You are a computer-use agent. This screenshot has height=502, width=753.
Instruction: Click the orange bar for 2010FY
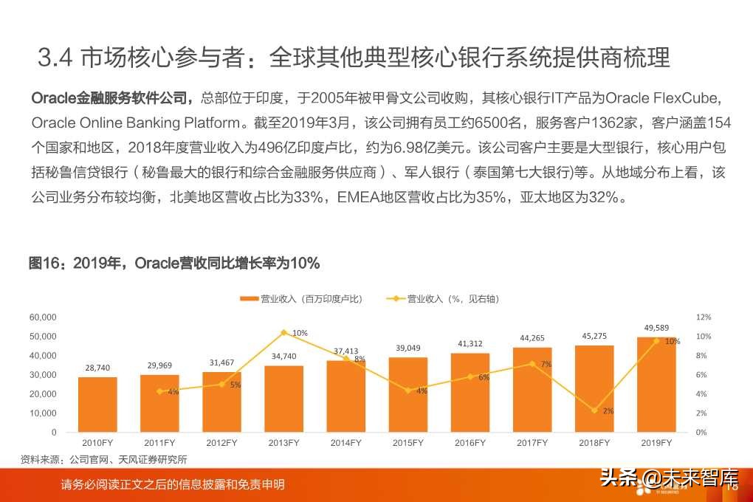(97, 405)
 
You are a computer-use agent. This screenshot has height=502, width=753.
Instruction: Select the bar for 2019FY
(656, 385)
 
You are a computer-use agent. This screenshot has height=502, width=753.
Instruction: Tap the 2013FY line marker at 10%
(283, 332)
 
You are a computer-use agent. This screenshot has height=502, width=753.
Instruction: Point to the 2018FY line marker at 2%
(594, 410)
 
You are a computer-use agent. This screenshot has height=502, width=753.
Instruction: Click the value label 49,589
(656, 328)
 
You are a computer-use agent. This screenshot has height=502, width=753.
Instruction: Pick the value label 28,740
(97, 367)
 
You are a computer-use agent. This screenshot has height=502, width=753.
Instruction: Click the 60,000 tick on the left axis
(43, 317)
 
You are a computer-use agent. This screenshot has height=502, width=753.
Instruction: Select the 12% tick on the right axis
(704, 317)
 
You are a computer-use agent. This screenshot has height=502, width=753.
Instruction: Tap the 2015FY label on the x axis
(408, 443)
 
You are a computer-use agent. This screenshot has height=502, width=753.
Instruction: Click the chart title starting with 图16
(173, 264)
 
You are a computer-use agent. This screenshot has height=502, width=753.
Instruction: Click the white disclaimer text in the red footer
(173, 485)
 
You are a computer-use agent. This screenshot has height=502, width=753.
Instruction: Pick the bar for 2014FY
(345, 396)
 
